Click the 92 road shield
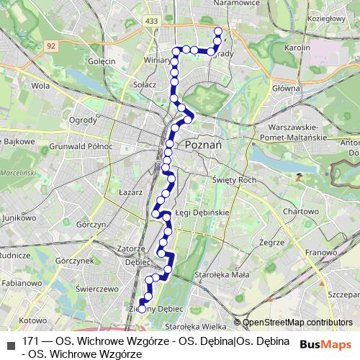[x=50, y=45]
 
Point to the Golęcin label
[x=101, y=61]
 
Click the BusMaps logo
[x=325, y=345]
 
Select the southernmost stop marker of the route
[x=142, y=309]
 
